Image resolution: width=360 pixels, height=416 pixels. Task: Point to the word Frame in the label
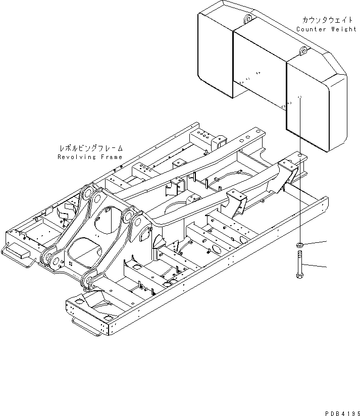click(111, 157)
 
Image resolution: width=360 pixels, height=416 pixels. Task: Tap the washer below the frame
click(299, 246)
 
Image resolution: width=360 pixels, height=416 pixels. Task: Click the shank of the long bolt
click(299, 263)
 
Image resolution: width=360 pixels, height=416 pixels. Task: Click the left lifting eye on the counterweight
click(247, 19)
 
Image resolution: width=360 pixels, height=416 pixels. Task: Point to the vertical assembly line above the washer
click(299, 202)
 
